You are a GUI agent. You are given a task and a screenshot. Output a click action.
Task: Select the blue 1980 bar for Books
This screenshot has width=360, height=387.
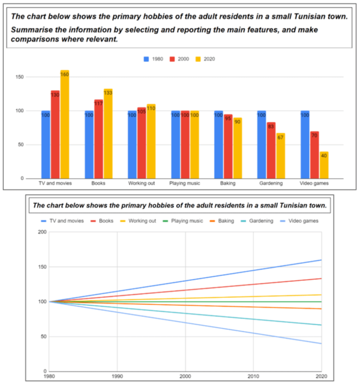point(89,144)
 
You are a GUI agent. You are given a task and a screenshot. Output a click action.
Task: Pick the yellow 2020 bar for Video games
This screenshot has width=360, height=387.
point(324,165)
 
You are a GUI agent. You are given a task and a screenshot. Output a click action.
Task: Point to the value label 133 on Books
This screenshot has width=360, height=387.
point(108,92)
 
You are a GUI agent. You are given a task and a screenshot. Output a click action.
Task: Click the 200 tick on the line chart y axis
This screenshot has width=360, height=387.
point(41,232)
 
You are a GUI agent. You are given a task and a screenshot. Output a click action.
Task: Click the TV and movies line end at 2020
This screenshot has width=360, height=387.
point(321,260)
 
